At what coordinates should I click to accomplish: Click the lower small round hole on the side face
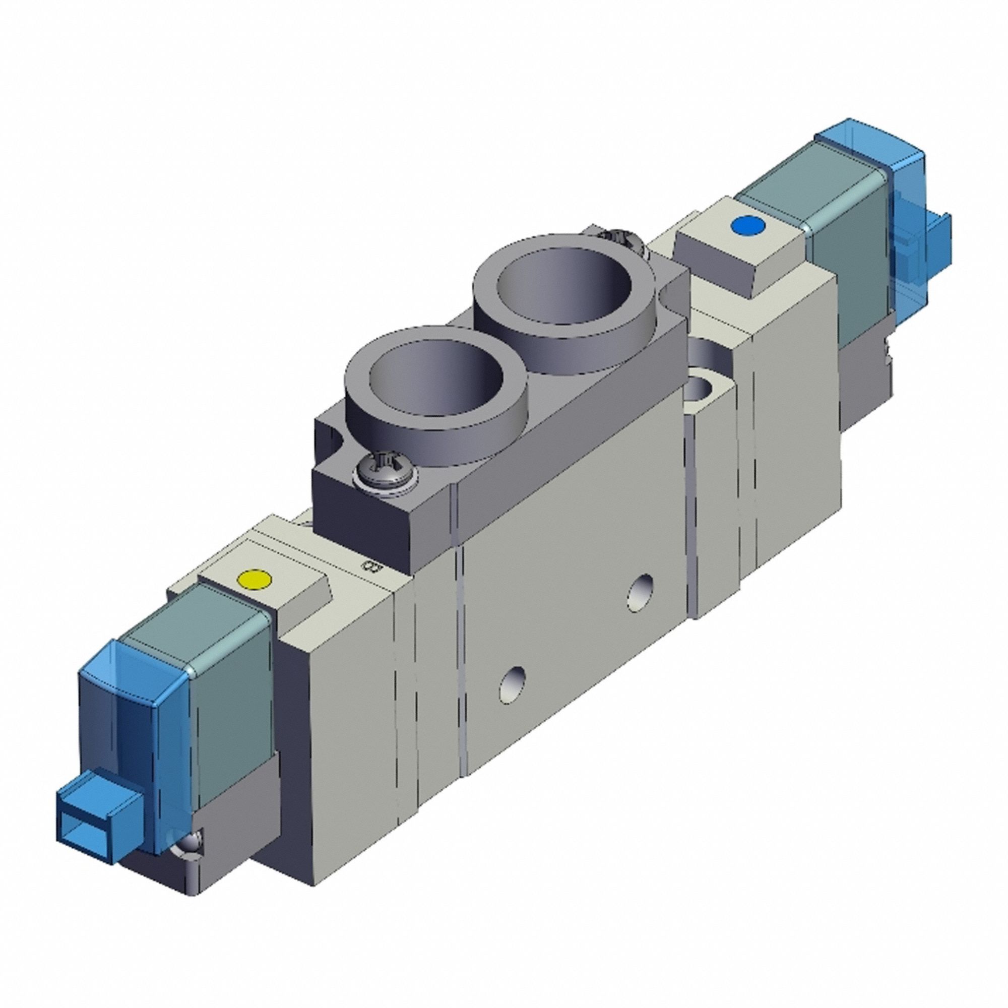(x=512, y=683)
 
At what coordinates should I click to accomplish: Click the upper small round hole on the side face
(x=641, y=592)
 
